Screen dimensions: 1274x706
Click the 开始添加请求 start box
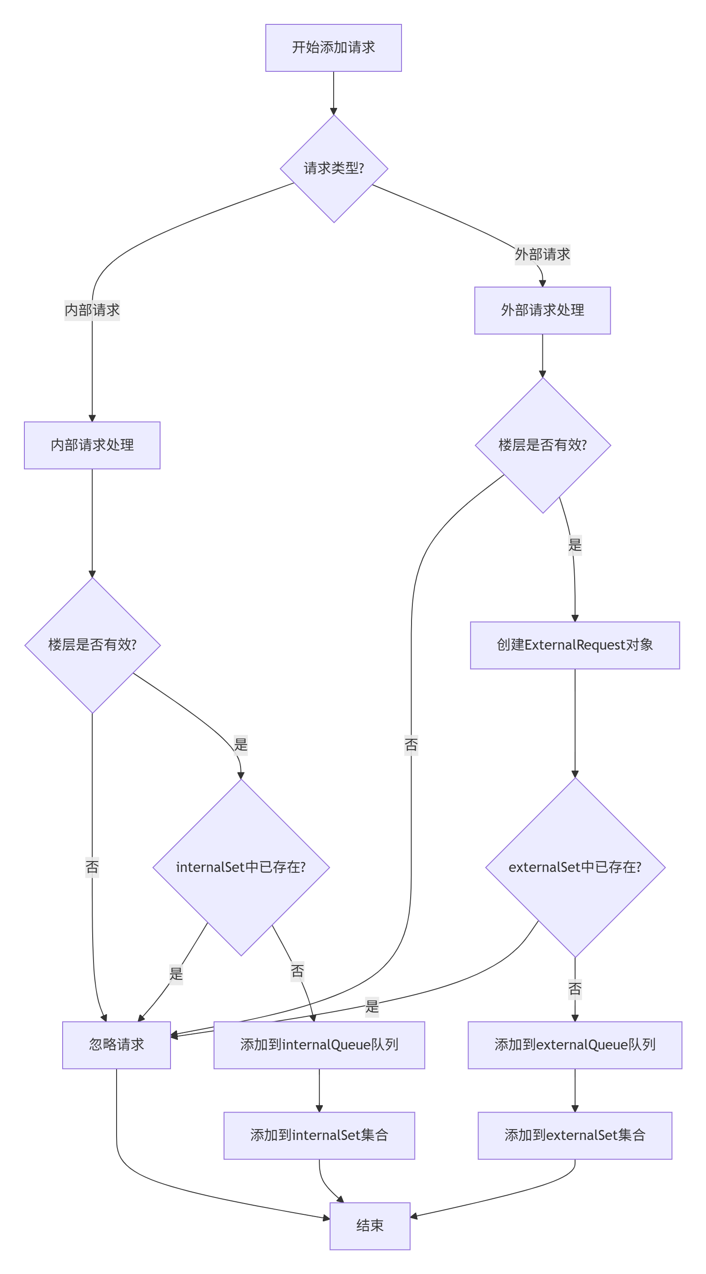[333, 47]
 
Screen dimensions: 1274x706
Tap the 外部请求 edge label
[542, 254]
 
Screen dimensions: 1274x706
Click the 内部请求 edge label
[92, 310]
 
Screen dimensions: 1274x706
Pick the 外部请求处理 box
[542, 310]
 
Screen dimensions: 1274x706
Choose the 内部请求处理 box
[92, 445]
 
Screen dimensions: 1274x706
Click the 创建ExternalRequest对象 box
[575, 645]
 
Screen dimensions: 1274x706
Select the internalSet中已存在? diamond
[241, 867]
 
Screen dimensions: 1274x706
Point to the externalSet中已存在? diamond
[575, 867]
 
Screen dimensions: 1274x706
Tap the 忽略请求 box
[116, 1045]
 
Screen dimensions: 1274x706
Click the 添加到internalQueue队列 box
[319, 1045]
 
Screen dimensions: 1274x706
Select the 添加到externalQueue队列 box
[575, 1045]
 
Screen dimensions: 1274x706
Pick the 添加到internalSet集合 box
[319, 1135]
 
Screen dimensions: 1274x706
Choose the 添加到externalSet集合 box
[575, 1135]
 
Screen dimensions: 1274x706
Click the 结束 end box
[370, 1226]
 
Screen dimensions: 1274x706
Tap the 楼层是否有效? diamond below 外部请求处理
[542, 445]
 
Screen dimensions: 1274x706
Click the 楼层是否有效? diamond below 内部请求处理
[92, 645]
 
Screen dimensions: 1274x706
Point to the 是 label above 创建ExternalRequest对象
[575, 545]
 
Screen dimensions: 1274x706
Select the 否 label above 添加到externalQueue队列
[575, 989]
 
